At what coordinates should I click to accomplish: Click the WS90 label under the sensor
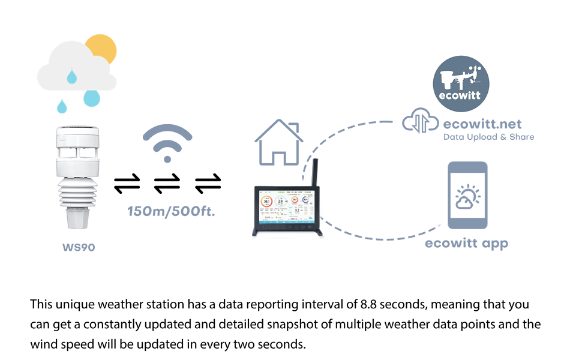(x=79, y=247)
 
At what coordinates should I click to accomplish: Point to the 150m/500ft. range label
(x=171, y=211)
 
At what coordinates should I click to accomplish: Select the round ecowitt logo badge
(x=461, y=84)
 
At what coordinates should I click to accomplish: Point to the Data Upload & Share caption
(x=488, y=137)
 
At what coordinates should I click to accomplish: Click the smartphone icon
(x=467, y=195)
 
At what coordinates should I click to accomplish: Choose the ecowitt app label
(x=466, y=243)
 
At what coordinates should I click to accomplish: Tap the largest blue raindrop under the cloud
(x=92, y=97)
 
